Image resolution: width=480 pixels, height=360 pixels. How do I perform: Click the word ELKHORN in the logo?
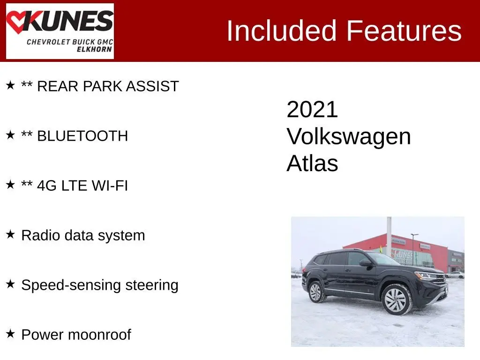tap(94, 49)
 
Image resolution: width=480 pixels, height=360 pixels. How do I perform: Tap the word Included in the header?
tap(281, 30)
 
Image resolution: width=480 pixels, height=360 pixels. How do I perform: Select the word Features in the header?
tap(404, 30)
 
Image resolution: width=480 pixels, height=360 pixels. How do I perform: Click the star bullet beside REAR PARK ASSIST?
tap(10, 85)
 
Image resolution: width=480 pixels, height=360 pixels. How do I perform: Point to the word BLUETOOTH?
tap(82, 136)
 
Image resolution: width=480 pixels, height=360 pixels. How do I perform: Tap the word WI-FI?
tap(110, 186)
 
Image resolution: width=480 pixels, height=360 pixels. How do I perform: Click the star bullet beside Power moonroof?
tap(10, 334)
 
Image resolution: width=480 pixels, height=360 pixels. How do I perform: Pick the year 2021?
tap(312, 109)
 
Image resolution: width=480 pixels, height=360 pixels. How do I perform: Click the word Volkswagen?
tap(349, 136)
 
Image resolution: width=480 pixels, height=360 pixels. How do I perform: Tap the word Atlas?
tap(312, 163)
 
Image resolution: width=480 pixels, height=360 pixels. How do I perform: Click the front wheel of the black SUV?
tap(396, 300)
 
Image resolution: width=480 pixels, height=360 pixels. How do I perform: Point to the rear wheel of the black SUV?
tap(316, 292)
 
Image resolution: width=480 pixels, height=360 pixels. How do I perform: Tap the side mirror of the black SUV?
tap(366, 263)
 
